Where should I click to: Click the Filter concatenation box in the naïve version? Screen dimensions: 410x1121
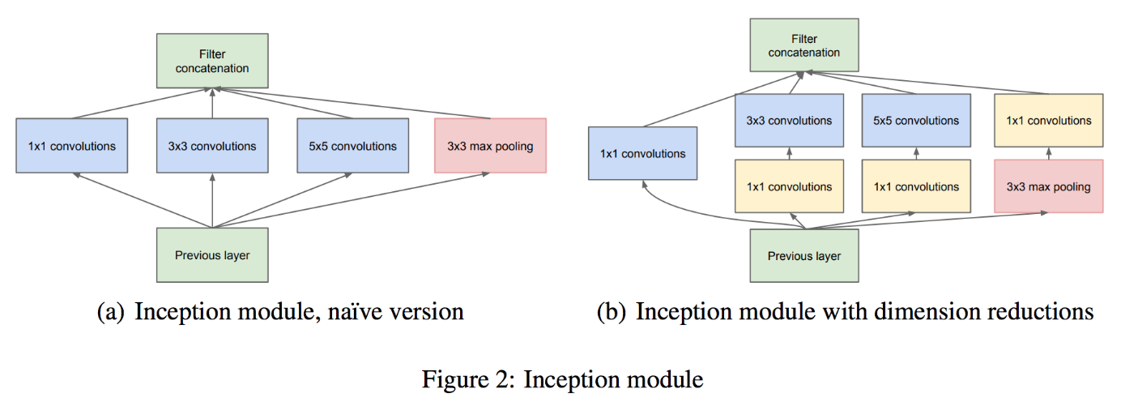pos(212,61)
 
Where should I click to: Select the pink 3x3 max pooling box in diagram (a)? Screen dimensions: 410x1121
pos(490,146)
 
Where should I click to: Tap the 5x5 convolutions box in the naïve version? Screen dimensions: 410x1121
pos(352,146)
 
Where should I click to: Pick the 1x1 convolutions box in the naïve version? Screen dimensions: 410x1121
pos(71,146)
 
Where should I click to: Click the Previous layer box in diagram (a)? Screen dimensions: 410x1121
pos(212,255)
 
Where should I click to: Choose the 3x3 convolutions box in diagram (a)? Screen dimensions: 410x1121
pos(212,146)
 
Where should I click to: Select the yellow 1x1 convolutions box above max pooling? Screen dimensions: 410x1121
pos(1048,121)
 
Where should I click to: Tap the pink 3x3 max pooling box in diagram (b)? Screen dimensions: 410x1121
pos(1048,186)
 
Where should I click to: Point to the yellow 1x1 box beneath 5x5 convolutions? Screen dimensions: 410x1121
pos(915,186)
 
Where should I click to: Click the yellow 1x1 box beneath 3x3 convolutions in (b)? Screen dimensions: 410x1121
pos(788,186)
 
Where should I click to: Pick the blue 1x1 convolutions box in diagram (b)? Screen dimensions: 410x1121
pos(642,153)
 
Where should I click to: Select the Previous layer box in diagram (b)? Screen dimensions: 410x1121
pos(803,256)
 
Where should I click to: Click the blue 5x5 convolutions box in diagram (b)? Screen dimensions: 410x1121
pos(915,121)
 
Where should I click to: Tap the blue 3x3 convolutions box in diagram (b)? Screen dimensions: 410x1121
pos(788,121)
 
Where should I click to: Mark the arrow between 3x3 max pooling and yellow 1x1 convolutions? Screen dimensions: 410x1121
pos(1048,153)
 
